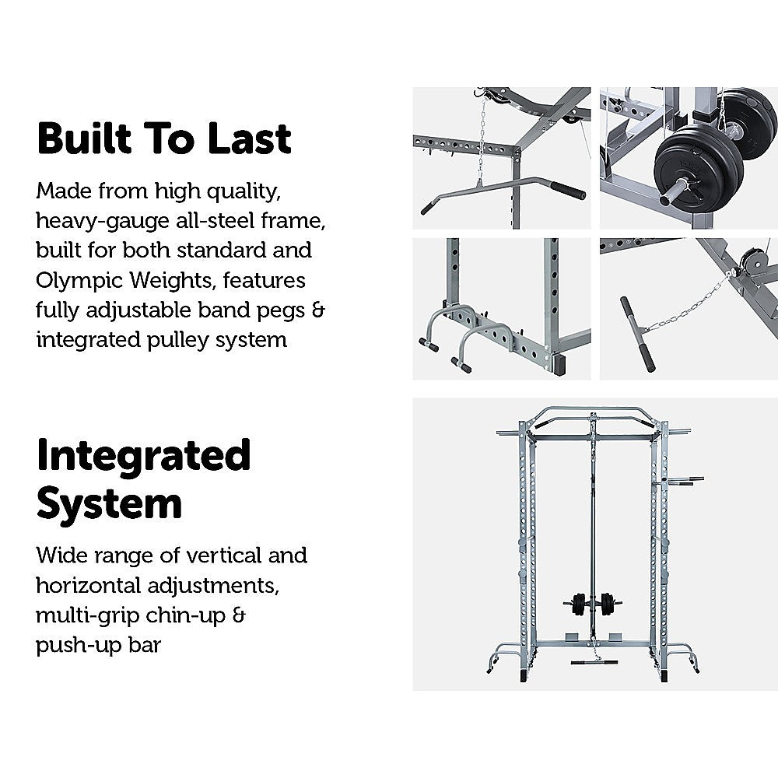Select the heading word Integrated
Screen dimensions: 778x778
click(x=144, y=456)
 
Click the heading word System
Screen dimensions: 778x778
click(x=109, y=503)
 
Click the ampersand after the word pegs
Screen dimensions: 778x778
click(x=317, y=310)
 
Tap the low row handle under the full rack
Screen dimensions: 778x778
click(x=594, y=662)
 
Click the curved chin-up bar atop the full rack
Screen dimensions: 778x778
click(x=593, y=412)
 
